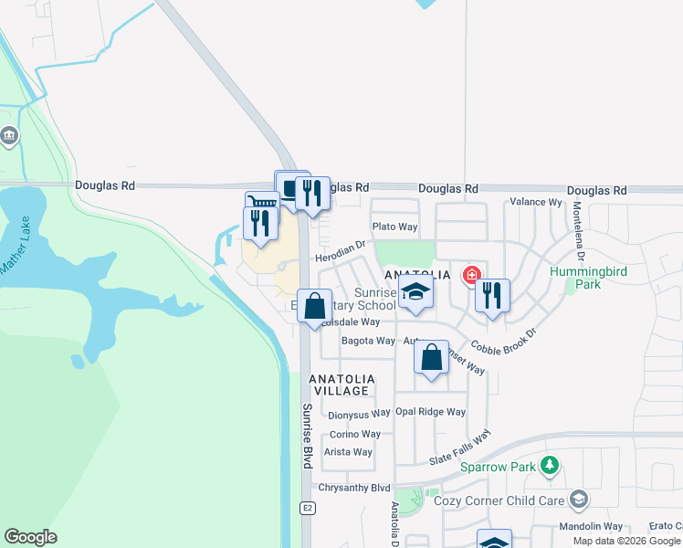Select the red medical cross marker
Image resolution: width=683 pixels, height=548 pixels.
472,275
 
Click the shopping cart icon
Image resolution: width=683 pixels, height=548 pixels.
260,203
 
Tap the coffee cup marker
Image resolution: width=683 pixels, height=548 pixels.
291,187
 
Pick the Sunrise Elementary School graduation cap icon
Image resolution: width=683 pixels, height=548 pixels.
415,292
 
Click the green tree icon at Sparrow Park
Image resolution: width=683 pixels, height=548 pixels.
549,467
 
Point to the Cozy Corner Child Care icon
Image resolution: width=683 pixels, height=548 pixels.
578,500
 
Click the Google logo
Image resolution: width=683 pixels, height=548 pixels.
30,537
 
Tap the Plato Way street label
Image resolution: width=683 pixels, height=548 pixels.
394,227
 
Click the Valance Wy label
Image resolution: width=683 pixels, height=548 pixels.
535,202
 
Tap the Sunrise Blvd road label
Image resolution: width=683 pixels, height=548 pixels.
308,437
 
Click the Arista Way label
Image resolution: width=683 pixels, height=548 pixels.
349,452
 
